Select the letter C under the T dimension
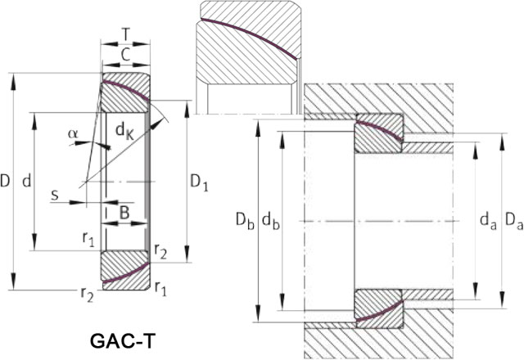[124, 56]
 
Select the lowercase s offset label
[54, 196]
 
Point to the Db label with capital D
[239, 220]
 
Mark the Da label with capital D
[513, 220]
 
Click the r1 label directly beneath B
[88, 238]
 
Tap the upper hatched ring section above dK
[124, 94]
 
